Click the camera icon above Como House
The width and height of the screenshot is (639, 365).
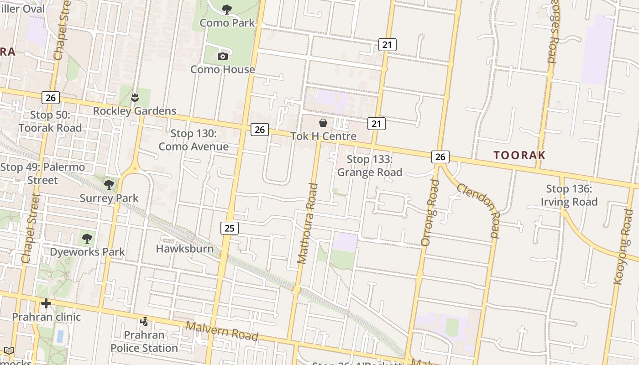point(223,56)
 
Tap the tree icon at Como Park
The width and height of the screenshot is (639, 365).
point(226,9)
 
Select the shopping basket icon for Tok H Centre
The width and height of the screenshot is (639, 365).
point(323,123)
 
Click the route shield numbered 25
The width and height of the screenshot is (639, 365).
point(229,228)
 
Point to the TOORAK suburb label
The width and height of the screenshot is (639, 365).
point(519,155)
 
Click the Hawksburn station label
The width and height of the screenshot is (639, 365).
point(185,249)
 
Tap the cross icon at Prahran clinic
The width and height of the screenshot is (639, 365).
point(46,303)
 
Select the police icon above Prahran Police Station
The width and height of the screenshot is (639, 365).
point(144,322)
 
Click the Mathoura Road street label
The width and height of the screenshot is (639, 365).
point(307,224)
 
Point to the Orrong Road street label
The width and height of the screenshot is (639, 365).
point(430,212)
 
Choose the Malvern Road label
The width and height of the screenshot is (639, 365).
point(222,330)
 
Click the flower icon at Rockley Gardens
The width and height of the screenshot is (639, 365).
point(134,97)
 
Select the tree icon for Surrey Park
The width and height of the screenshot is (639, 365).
point(109,184)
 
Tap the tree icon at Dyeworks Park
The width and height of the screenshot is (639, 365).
point(87,238)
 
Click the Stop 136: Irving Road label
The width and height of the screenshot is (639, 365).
point(569,195)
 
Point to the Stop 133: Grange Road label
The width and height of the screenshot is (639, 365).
point(370,166)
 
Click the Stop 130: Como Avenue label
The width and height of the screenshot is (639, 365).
point(194,140)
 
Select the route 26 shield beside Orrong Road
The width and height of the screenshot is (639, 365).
point(440,157)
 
